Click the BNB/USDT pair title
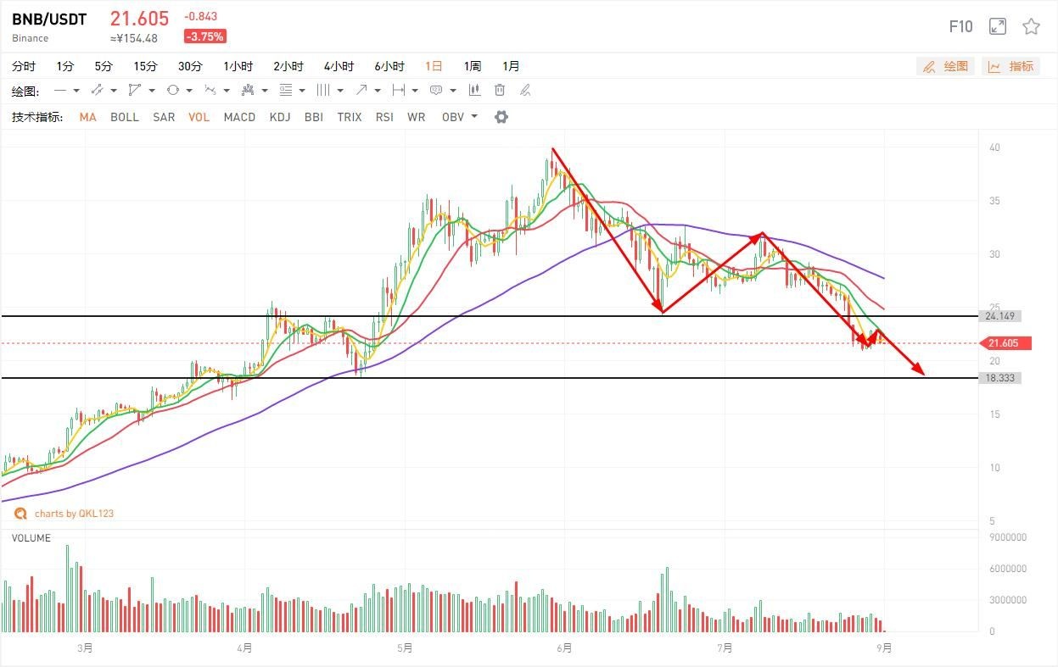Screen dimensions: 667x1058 (49, 19)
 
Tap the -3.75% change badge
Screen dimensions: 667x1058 (204, 36)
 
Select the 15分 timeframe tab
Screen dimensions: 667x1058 (145, 66)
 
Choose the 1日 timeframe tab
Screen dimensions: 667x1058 (434, 66)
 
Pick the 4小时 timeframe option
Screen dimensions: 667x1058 (339, 66)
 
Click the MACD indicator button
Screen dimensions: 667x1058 (239, 117)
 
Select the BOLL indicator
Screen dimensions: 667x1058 (124, 117)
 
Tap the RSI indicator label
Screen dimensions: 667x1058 (384, 117)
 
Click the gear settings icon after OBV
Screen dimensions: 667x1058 (501, 117)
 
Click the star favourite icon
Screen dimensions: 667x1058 (1031, 26)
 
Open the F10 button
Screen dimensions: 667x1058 (960, 27)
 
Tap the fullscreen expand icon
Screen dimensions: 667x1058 (998, 26)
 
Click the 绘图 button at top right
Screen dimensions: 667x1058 (946, 66)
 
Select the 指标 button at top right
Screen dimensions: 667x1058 (1011, 66)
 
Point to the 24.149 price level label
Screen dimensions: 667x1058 (1001, 316)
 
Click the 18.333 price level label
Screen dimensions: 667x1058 (1001, 378)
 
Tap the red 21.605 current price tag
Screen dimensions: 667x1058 (1005, 343)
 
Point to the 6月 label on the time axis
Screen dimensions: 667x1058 (564, 648)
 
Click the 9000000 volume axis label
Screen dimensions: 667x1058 (1007, 537)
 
